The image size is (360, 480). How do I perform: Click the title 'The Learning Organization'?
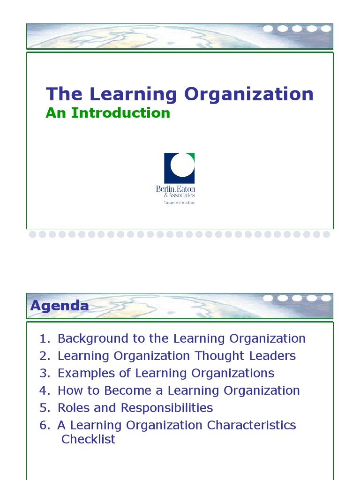coord(180,94)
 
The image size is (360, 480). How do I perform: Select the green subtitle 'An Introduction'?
coord(108,113)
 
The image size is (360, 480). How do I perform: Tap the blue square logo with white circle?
coord(179,168)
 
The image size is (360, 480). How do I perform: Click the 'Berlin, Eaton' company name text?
coord(176,188)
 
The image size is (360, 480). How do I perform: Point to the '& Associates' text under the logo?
coord(179,195)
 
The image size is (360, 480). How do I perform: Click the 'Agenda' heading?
coord(60,306)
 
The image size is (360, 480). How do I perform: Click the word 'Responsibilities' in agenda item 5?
coord(167,408)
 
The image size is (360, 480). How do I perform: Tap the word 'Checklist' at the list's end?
coord(88,439)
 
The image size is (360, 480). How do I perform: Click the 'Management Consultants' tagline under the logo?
coord(179,202)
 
